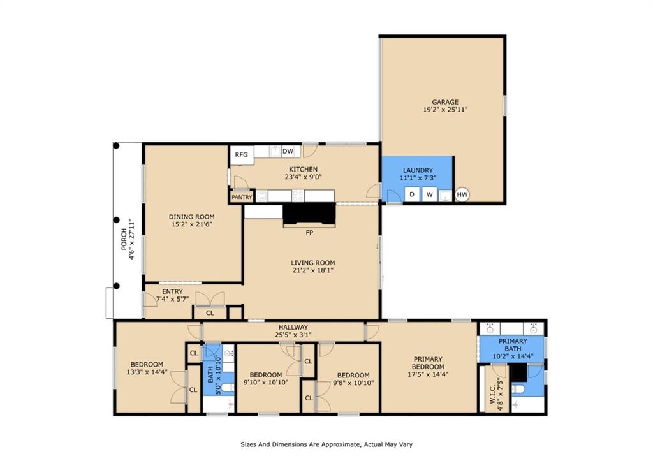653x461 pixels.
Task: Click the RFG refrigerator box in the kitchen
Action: (x=242, y=155)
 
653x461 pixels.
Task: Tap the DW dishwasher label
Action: (x=288, y=151)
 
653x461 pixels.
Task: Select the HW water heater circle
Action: (x=462, y=194)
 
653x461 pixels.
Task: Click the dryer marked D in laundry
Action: (x=412, y=194)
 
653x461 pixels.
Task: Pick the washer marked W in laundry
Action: (x=429, y=194)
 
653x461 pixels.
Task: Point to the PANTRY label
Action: (x=242, y=197)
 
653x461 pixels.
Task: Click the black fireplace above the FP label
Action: (x=309, y=214)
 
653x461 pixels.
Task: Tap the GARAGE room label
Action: (x=445, y=101)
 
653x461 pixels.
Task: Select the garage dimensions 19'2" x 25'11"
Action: (x=445, y=110)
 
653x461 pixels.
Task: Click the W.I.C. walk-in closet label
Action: (x=493, y=393)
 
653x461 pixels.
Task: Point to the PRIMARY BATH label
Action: (x=513, y=345)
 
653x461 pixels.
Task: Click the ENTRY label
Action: (x=172, y=291)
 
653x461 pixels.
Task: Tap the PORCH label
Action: (x=124, y=240)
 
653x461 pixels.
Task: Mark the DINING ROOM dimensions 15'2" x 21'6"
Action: (x=191, y=224)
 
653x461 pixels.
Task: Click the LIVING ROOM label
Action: (x=312, y=263)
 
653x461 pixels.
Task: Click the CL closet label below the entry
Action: (x=210, y=312)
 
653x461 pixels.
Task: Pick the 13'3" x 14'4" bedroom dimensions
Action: (x=147, y=372)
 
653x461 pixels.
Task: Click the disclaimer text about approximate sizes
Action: (x=326, y=444)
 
